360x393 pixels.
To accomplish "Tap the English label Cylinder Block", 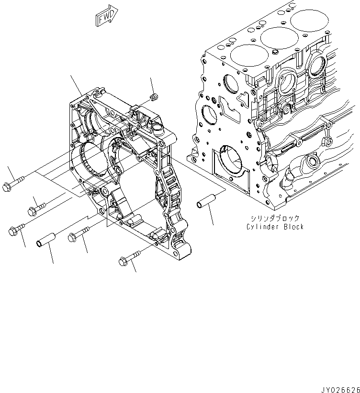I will point(275,226).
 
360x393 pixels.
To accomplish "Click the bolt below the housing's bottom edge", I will point(129,258).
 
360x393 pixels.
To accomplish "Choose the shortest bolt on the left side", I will point(37,207).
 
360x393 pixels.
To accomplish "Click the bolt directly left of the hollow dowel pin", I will point(17,229).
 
